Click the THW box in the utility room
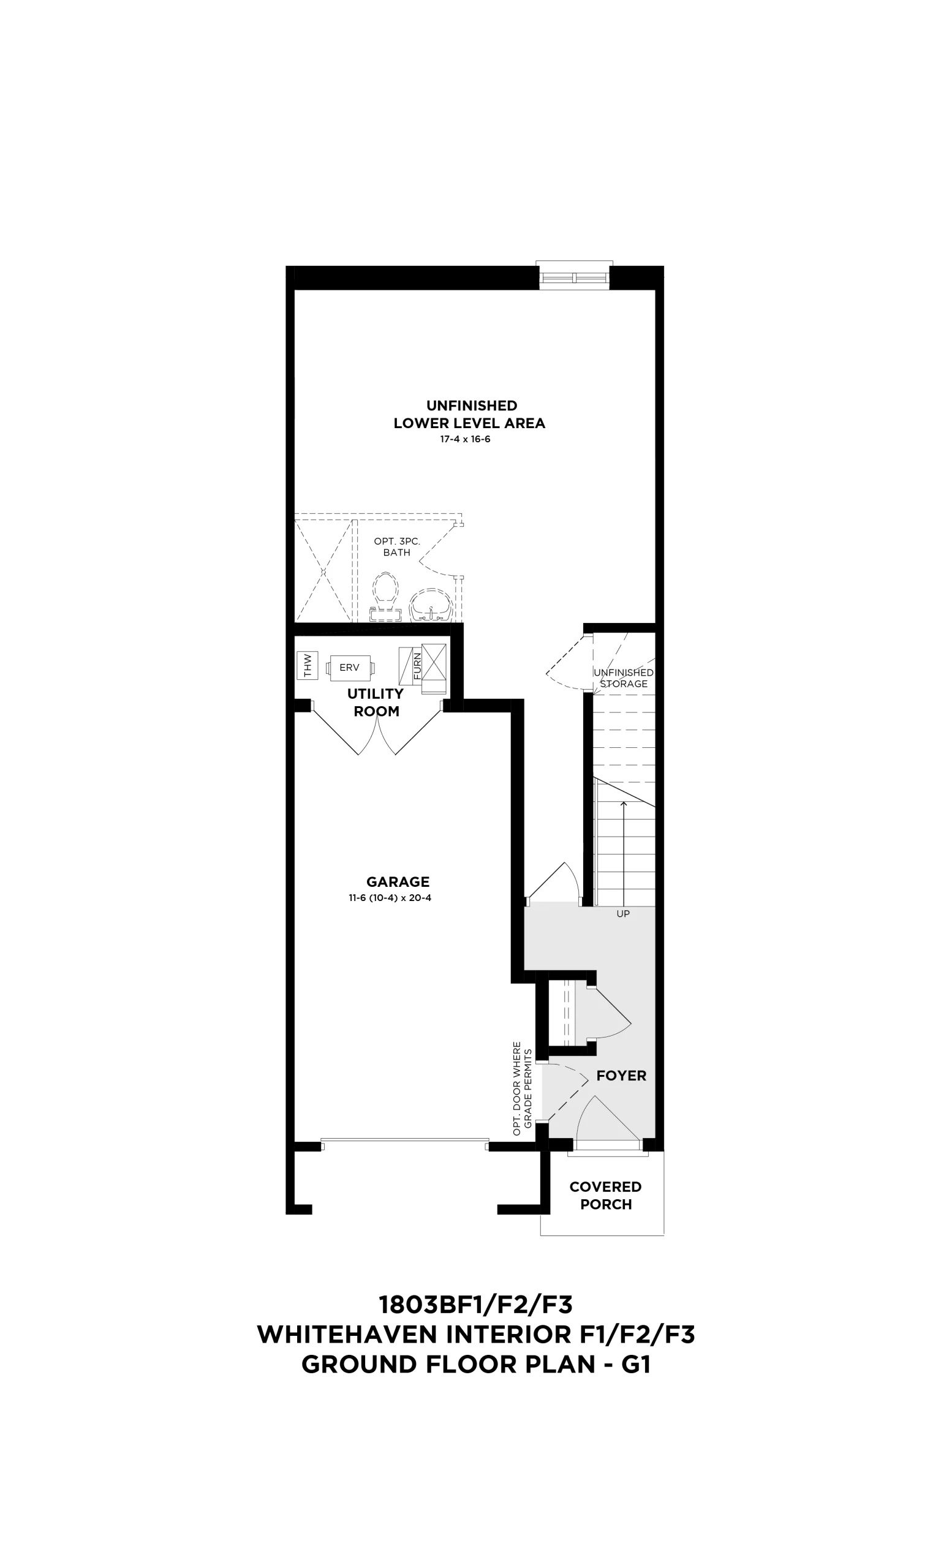point(308,666)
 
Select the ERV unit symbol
point(350,668)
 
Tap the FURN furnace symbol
point(423,669)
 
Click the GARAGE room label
point(398,882)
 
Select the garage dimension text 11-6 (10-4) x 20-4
point(390,898)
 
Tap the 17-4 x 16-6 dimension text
point(465,440)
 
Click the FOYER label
point(621,1076)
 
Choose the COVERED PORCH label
point(605,1196)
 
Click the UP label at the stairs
point(623,914)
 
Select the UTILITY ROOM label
point(376,703)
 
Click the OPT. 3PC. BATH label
point(396,546)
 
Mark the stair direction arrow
point(624,853)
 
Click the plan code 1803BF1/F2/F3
point(475,1305)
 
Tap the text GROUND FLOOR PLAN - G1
point(476,1365)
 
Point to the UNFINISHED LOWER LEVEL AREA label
point(470,414)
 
